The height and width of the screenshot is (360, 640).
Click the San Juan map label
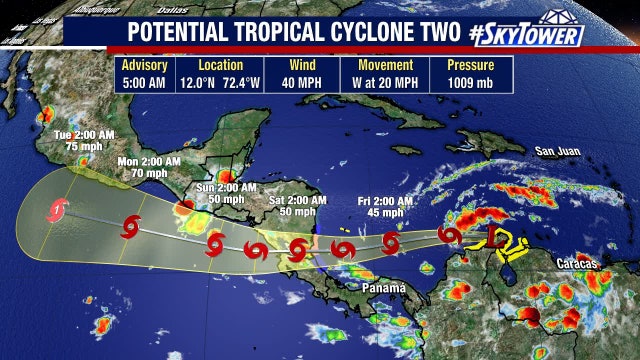(557, 152)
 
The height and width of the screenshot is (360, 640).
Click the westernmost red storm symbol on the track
(58, 211)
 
